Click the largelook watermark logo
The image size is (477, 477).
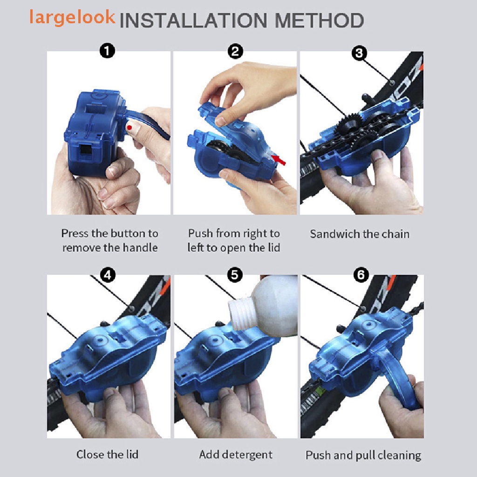point(72,17)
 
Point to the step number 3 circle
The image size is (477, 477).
point(358,53)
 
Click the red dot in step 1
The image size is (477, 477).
point(129,127)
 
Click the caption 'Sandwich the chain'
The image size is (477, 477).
point(360,234)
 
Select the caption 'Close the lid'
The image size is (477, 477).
point(108,454)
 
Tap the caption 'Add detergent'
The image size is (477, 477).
point(236,454)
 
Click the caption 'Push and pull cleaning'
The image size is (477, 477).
point(363,455)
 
